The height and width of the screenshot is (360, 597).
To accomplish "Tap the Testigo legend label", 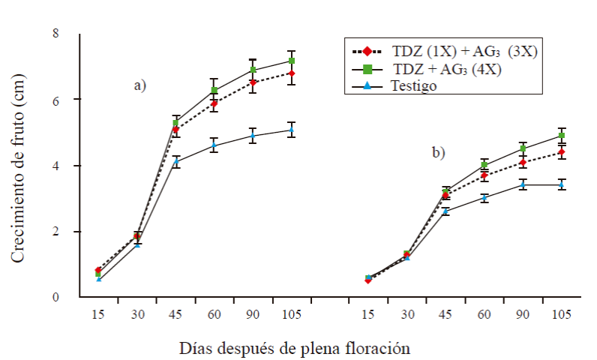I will click(x=413, y=85).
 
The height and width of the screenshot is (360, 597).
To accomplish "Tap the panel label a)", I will click(x=139, y=85).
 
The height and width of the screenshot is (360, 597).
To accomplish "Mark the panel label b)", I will click(x=438, y=153).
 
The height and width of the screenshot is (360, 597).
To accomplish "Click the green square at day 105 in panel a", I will click(x=292, y=61).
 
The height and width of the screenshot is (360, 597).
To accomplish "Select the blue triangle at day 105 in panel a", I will click(x=292, y=130).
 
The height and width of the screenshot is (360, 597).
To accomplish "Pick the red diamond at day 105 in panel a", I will click(x=292, y=73).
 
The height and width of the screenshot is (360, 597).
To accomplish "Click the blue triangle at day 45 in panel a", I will click(x=176, y=161).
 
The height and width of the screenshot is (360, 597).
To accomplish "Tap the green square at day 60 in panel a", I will click(x=214, y=90).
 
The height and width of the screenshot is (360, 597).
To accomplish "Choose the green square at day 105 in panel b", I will click(x=560, y=136).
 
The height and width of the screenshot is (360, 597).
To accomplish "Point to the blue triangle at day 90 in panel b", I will click(x=523, y=184).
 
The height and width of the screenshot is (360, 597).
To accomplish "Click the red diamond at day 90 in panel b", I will click(x=523, y=162).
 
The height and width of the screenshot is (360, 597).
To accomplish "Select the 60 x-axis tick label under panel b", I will click(x=484, y=316).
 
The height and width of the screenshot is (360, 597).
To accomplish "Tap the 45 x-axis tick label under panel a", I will click(x=176, y=316).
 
